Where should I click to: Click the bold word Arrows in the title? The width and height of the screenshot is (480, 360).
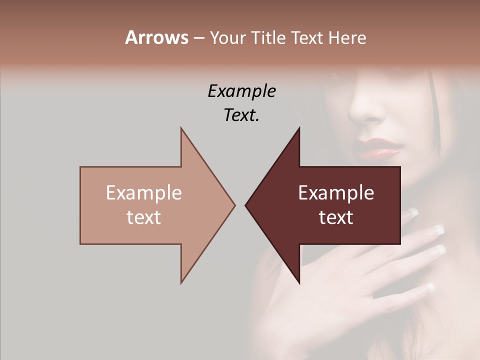pos(156,37)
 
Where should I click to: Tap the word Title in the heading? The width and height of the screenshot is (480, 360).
pos(269,37)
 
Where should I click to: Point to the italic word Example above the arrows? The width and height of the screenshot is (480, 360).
pos(241,91)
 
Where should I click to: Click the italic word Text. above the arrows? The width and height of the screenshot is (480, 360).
pos(241,115)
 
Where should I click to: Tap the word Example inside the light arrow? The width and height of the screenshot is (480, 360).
pos(144,192)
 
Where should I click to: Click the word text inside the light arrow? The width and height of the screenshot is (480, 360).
pos(144,217)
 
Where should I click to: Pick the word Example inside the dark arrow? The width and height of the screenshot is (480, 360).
pos(336,192)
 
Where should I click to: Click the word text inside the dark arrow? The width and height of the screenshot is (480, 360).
pos(336,217)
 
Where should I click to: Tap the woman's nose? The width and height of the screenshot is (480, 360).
pos(367,107)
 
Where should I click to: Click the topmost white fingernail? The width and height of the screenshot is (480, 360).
pos(412,212)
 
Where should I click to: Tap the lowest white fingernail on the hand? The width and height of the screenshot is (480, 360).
pos(429,288)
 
